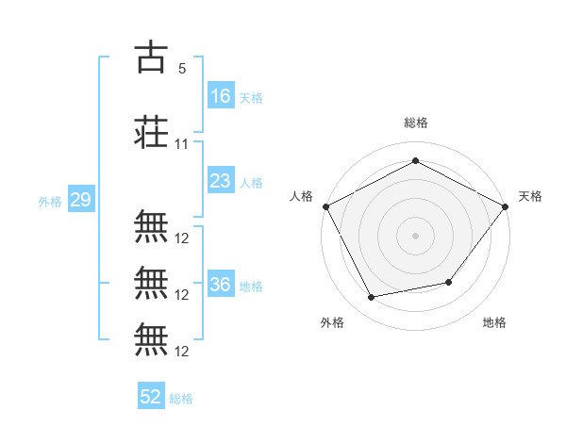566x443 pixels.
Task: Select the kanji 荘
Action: click(152, 133)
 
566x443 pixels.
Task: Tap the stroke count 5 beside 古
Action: click(181, 68)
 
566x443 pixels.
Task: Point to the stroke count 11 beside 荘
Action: click(182, 144)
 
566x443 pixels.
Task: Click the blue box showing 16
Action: click(221, 95)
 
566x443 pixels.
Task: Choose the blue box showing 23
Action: click(221, 181)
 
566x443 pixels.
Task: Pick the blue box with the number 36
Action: click(221, 285)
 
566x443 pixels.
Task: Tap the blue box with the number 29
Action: click(80, 200)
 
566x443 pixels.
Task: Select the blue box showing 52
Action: click(151, 397)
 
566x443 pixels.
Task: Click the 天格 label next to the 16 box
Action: click(251, 97)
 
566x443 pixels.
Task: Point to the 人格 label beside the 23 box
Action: click(251, 183)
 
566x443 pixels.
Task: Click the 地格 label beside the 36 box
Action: click(251, 287)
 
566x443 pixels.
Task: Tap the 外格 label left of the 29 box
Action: click(49, 202)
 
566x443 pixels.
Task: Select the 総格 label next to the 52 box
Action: click(181, 399)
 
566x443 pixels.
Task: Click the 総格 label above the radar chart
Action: click(415, 123)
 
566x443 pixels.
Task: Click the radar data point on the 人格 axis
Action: click(325, 206)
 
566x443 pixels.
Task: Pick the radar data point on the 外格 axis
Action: click(372, 298)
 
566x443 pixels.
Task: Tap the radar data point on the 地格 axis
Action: click(449, 282)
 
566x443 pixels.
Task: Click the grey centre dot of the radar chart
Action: click(415, 235)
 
